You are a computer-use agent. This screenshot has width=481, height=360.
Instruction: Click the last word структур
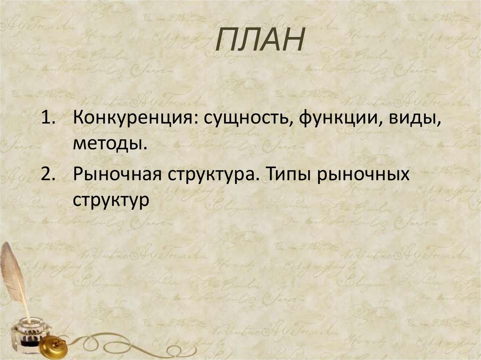[x=111, y=200]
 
